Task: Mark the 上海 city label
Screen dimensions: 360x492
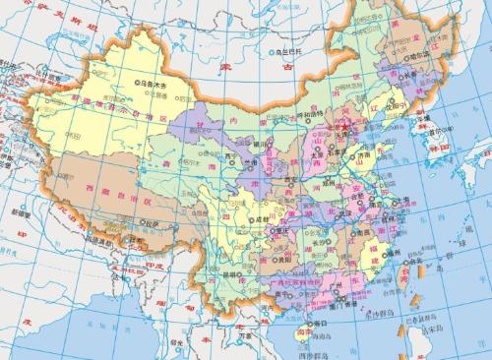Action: pyautogui.click(x=408, y=207)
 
